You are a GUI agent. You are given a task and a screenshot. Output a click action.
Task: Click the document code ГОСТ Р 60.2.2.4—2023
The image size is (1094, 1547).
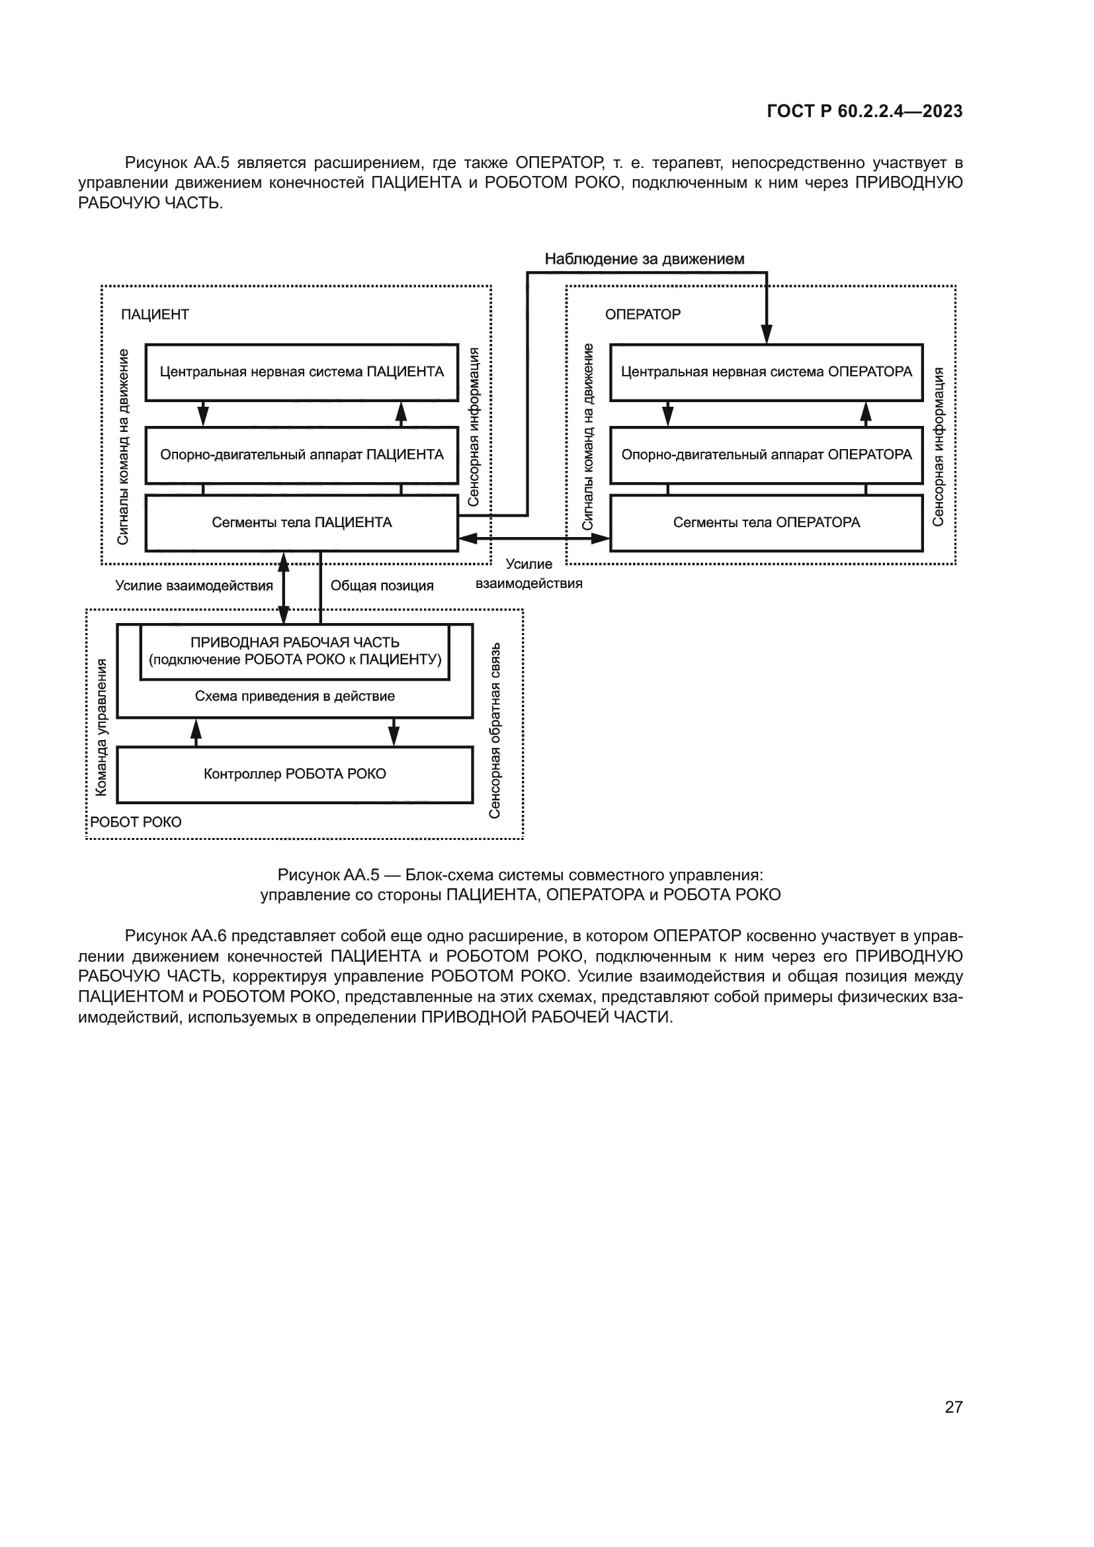pos(864,111)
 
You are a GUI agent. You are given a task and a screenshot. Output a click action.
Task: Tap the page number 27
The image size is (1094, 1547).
pos(953,1407)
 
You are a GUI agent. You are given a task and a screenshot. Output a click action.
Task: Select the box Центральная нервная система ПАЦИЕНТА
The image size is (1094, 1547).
pos(301,372)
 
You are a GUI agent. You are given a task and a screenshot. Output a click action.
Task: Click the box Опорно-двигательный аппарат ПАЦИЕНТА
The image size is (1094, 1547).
pos(301,455)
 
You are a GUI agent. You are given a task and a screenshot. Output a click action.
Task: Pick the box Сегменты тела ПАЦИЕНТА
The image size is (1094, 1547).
pos(301,523)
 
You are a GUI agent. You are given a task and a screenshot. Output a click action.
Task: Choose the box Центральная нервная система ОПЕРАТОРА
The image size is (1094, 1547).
pos(766,372)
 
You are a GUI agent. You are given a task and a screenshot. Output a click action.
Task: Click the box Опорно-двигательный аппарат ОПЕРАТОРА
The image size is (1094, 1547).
pos(766,455)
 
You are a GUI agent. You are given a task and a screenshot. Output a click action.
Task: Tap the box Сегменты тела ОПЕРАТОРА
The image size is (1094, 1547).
pos(766,523)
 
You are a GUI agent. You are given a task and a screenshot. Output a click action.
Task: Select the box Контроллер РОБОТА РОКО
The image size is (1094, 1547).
pos(294,774)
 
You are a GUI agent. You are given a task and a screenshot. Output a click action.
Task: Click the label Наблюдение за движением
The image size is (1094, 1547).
pos(644,259)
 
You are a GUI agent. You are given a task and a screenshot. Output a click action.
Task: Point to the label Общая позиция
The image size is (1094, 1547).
pos(381,585)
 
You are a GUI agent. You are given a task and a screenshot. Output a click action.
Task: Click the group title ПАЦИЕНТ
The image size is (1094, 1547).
pos(155,315)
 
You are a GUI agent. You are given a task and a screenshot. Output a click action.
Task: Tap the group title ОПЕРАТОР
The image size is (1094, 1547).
pos(642,315)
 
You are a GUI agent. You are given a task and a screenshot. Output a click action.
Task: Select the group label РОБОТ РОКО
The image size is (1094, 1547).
pos(136,822)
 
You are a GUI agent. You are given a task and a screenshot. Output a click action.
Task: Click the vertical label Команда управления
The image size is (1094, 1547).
pos(101,727)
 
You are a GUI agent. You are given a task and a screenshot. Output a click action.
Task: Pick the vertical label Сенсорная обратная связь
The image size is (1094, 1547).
pos(495,730)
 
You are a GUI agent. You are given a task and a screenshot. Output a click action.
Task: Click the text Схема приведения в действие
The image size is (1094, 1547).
pos(294,696)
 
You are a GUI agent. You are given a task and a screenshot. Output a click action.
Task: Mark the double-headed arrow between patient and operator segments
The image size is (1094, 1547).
pos(534,538)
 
